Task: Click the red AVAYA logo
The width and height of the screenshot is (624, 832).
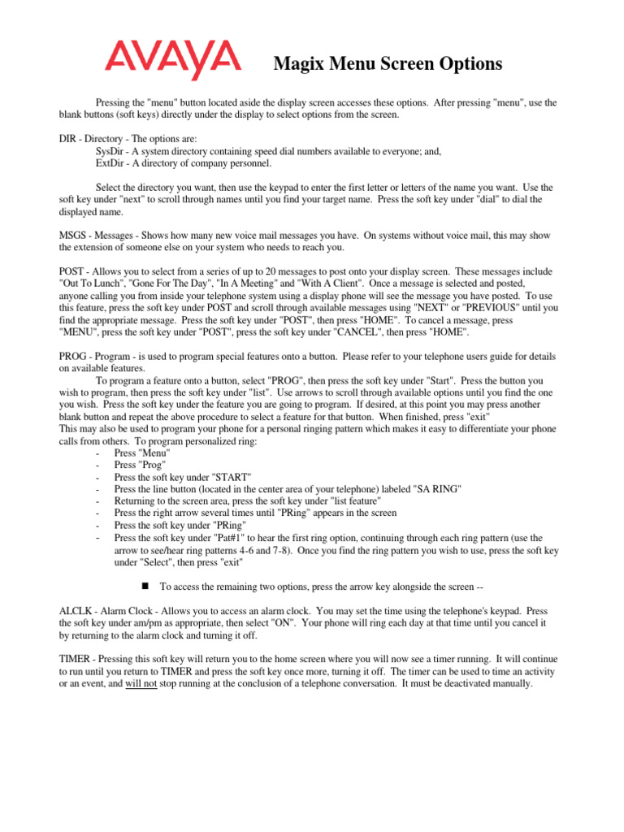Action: click(x=171, y=60)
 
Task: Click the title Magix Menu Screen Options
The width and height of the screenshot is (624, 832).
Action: click(x=388, y=63)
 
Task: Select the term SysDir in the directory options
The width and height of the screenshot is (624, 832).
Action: click(x=112, y=151)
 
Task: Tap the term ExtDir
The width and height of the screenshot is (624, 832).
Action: click(x=111, y=163)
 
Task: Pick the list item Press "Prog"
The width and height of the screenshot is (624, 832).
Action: click(x=141, y=464)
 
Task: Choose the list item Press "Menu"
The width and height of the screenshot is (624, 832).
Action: click(x=142, y=452)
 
